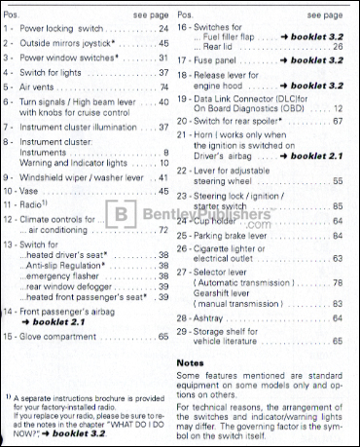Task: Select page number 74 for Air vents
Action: pyautogui.click(x=163, y=87)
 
